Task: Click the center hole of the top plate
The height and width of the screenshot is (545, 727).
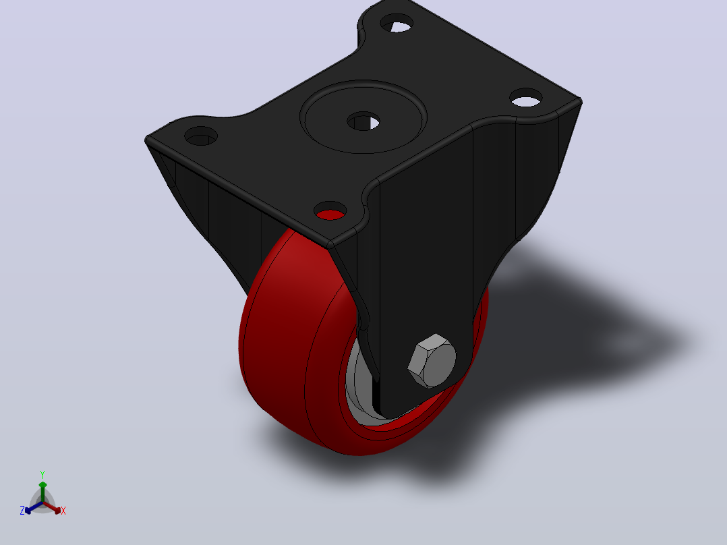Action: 363,121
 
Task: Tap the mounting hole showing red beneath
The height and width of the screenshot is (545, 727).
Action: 330,211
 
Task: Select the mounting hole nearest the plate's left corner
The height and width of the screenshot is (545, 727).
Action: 201,136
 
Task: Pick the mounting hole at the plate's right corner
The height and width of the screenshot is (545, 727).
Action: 526,97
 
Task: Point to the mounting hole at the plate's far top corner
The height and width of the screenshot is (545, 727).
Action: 397,23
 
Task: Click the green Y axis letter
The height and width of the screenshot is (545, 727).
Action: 42,475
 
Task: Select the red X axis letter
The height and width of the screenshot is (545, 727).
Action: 63,511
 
